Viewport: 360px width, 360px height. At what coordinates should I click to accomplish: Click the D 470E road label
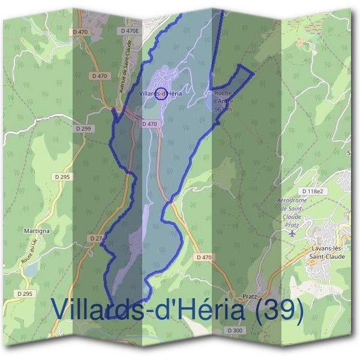pos(130,30)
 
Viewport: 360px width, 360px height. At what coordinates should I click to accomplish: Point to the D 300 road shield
pos(235,331)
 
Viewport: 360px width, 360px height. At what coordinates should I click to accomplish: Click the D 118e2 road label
pos(313,191)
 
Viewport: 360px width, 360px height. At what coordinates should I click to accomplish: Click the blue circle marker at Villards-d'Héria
pos(161,93)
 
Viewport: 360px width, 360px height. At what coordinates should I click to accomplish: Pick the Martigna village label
pos(37,230)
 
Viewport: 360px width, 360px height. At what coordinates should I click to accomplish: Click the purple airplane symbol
pos(292,233)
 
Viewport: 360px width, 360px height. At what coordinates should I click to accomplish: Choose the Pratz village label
pos(250,296)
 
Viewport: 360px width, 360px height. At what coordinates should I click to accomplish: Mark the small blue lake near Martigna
pos(31,269)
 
